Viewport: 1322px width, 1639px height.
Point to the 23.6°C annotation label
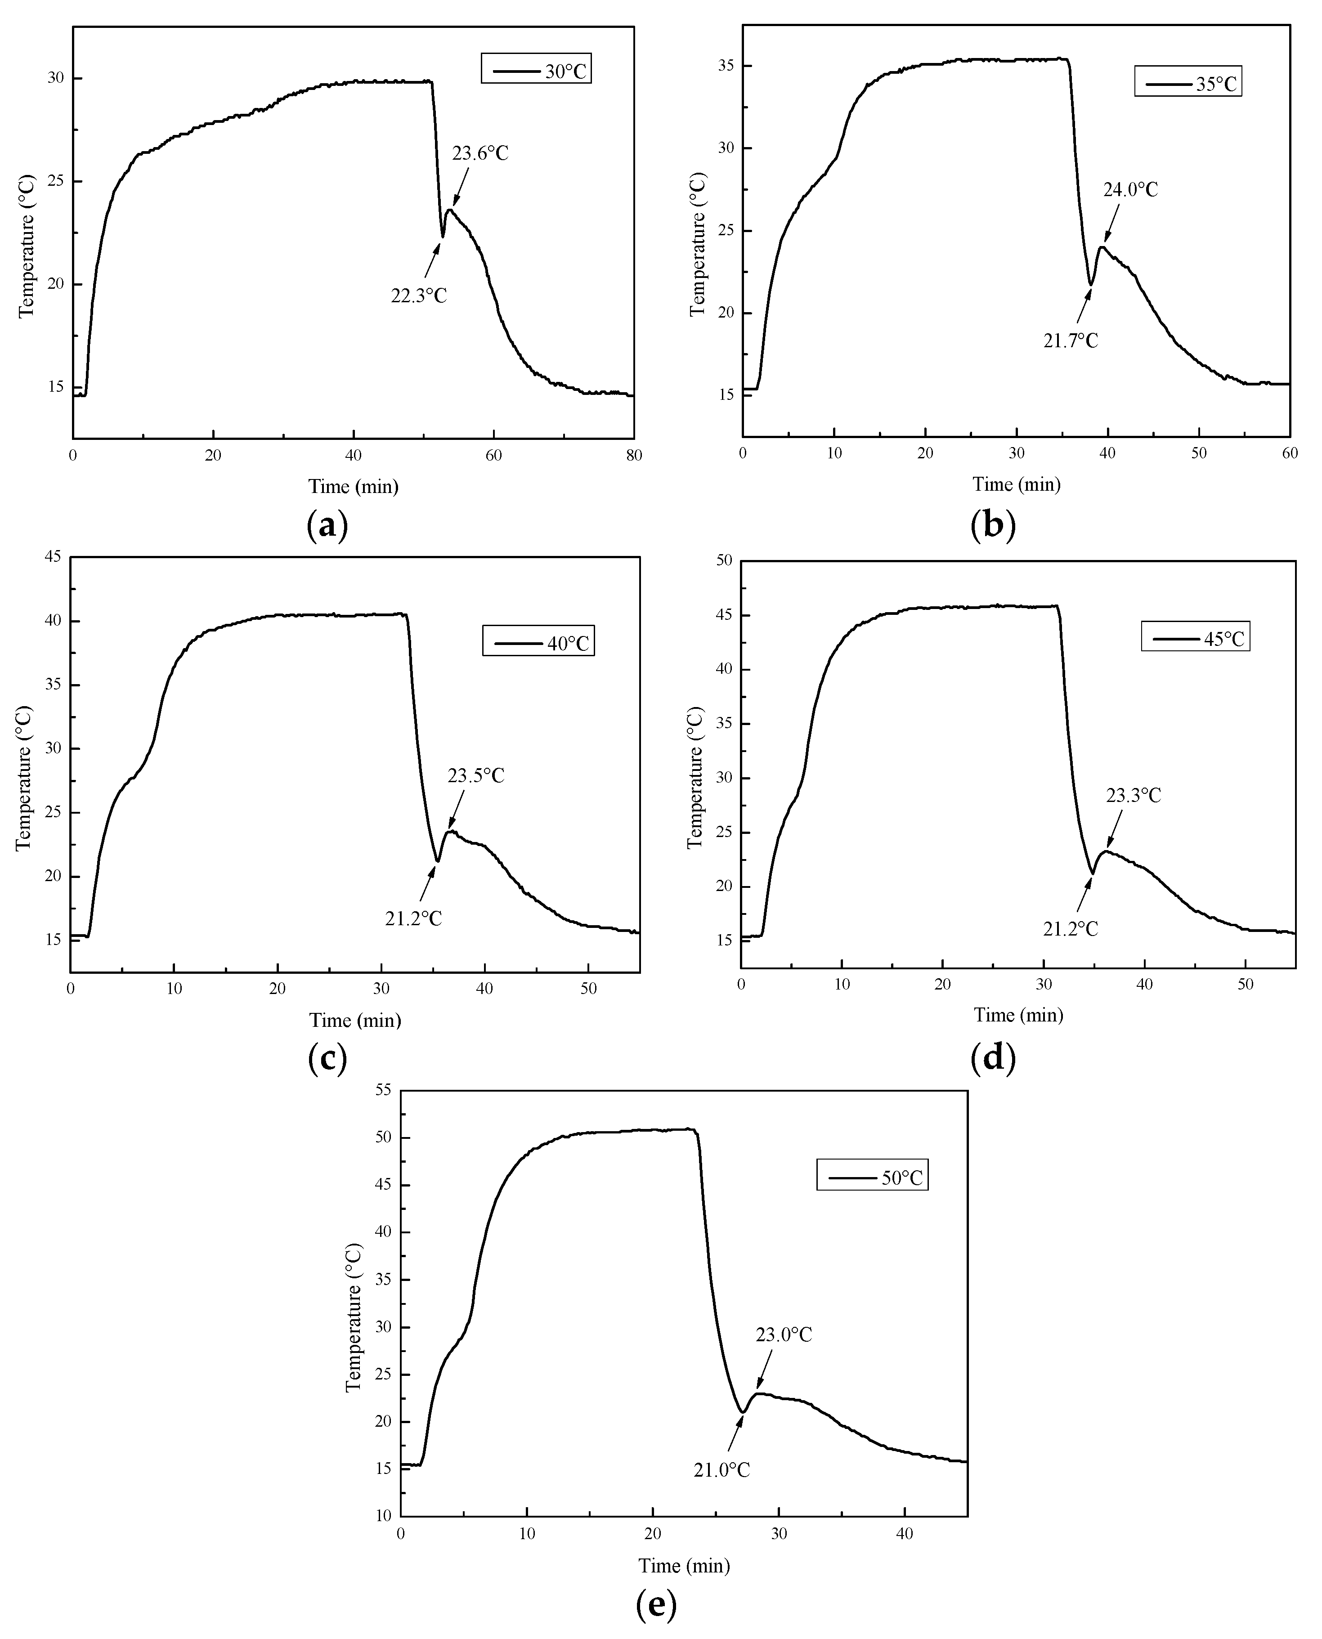point(480,153)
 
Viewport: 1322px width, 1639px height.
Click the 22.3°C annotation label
point(419,296)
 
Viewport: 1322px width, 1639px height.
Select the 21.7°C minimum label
point(1070,340)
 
